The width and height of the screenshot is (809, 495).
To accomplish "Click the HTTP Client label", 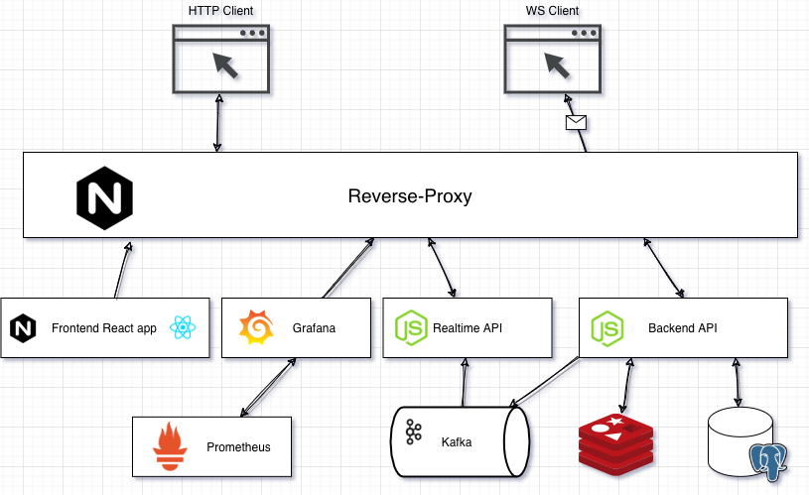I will [220, 11].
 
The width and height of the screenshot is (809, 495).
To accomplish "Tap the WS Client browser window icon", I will [553, 59].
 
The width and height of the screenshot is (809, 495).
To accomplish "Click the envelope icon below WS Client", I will [576, 123].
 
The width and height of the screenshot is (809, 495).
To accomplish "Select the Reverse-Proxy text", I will [409, 195].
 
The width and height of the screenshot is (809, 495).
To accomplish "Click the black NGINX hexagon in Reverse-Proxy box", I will [105, 196].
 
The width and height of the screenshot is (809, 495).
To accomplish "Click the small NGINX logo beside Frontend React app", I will [23, 327].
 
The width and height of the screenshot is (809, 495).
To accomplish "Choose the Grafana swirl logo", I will [256, 327].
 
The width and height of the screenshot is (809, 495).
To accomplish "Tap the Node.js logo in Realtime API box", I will [410, 327].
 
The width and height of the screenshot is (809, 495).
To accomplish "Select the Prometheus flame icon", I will [170, 446].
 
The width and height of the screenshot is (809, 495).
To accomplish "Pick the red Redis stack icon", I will [615, 442].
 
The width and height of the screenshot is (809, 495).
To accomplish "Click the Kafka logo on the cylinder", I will [413, 433].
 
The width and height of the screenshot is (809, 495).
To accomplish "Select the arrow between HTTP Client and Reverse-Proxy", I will [217, 123].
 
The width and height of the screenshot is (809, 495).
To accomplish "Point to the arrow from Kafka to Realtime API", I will [463, 382].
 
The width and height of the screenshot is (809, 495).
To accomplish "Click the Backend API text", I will [682, 327].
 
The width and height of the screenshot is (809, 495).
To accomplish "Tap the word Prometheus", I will [238, 446].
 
